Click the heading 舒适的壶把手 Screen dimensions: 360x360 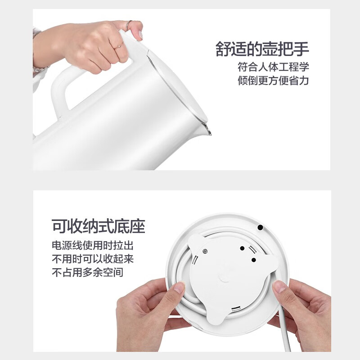pos(262,49)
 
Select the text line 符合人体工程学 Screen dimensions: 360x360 pos(273,67)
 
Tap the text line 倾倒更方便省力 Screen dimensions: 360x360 pos(273,81)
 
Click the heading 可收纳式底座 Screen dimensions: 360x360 pos(98,226)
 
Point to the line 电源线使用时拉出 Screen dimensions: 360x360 pos(93,245)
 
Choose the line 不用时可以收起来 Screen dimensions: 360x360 pos(93,259)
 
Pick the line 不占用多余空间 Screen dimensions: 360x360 pos(87,272)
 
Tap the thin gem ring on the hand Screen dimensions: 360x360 pos(118,46)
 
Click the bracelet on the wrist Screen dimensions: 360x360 pos(40,69)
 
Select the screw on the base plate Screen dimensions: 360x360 pos(205,252)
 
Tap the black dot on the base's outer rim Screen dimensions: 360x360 pos(260,227)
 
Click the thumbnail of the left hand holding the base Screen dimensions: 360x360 pos(179,287)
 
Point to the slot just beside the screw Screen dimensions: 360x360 pos(195,260)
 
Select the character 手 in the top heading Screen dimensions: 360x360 pos(301,49)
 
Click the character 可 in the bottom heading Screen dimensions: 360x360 pos(59,226)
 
